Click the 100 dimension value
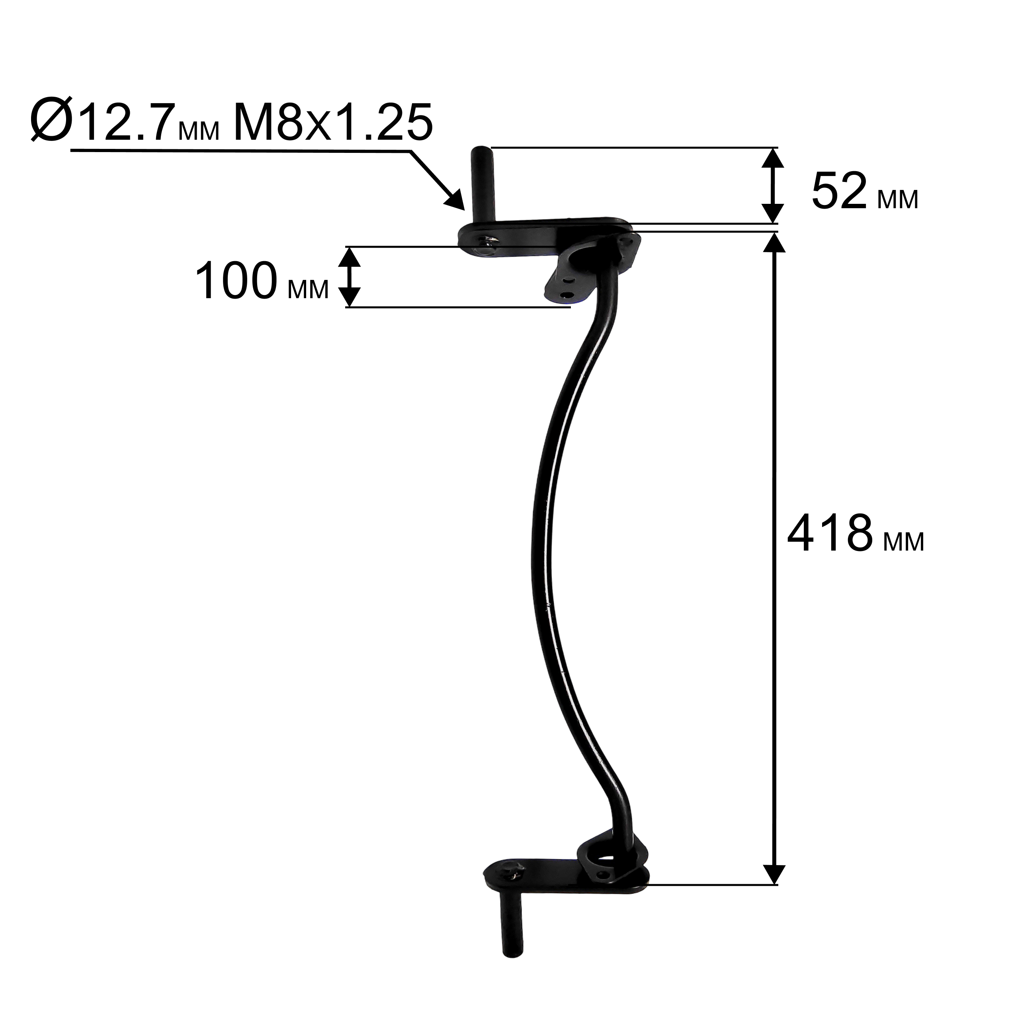tap(236, 281)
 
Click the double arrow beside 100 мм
tap(350, 277)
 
